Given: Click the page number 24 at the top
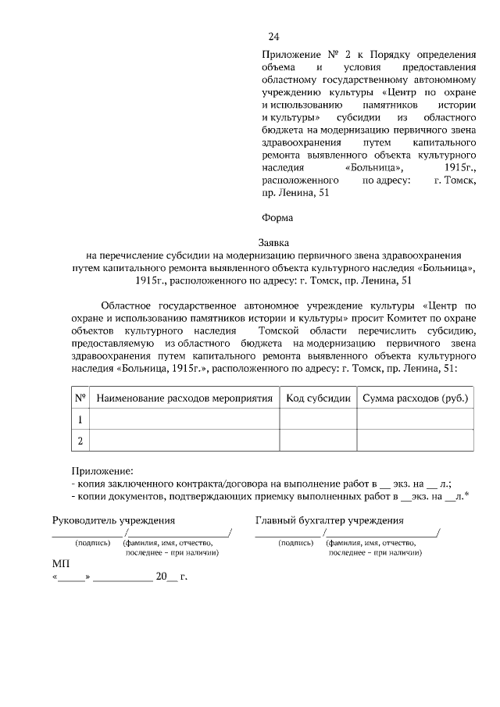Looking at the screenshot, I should [273, 37].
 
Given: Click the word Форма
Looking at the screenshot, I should [277, 218].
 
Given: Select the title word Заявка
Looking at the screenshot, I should [274, 243].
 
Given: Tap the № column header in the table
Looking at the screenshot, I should [80, 398].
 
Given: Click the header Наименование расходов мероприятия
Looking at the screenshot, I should [184, 398].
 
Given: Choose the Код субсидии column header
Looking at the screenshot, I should [318, 398].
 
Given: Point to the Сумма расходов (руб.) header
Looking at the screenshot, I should [415, 398].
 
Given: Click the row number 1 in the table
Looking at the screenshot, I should [80, 420].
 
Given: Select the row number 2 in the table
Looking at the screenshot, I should [80, 441].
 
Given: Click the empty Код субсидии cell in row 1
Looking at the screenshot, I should [318, 420].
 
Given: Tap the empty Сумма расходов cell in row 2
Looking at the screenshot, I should [415, 441].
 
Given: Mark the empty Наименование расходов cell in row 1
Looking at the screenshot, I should [184, 420].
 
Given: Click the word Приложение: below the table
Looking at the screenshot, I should [102, 471].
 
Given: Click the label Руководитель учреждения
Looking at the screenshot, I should [113, 520].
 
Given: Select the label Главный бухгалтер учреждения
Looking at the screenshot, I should [329, 520].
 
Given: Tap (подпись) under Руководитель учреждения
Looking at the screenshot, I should [91, 542].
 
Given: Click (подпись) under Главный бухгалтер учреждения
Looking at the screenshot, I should [295, 542].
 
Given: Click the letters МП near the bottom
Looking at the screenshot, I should [60, 563].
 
